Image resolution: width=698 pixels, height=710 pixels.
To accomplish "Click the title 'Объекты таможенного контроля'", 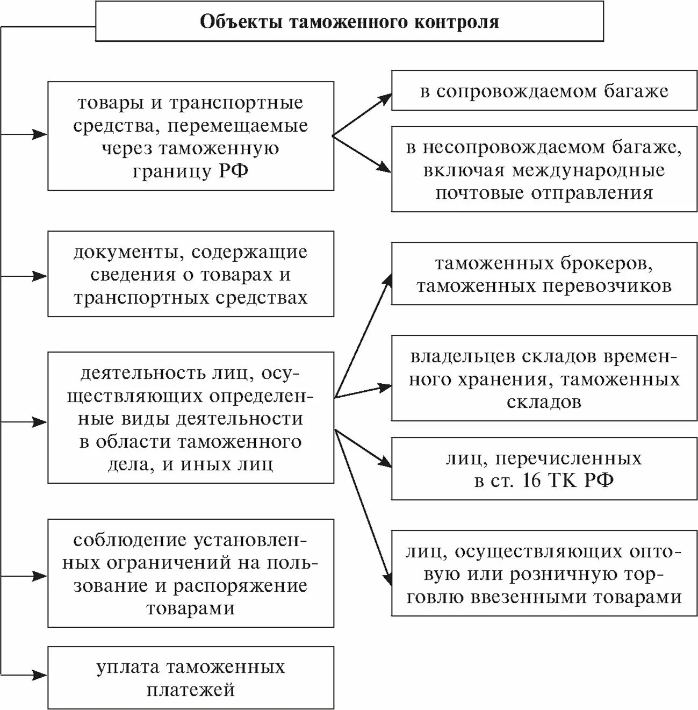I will point(349,22).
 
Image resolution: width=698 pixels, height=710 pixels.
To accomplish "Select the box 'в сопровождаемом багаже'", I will point(543,90).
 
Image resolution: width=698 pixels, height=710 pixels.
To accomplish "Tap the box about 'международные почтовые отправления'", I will point(543,169).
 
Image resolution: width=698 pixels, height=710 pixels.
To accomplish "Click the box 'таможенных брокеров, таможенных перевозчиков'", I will point(543,274).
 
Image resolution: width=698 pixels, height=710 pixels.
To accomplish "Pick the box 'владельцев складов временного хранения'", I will point(543,378).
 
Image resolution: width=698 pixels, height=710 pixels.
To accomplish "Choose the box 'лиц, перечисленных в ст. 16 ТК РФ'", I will point(543,469).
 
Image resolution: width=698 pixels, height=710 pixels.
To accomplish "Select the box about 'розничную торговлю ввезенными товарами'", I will point(543,573).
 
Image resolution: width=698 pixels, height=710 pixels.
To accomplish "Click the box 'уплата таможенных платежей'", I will point(191,678).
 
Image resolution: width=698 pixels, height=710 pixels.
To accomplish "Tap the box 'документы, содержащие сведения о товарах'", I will point(191,274).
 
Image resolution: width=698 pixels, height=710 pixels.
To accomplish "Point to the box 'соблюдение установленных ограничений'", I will point(191,573).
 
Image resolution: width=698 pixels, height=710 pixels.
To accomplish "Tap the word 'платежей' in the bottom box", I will point(191,689).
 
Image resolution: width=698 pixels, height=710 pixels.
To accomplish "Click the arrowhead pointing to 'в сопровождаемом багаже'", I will point(386,97).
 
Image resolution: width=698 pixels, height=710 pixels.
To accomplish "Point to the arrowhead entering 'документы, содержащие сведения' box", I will point(41,276).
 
